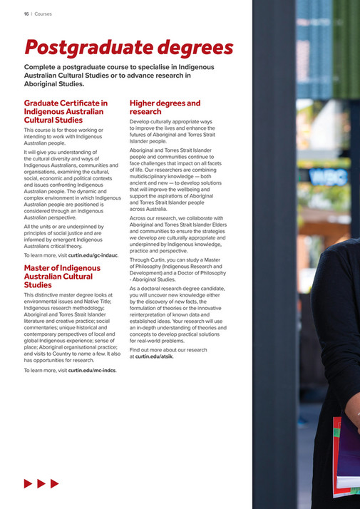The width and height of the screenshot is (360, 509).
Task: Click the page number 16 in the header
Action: (26, 12)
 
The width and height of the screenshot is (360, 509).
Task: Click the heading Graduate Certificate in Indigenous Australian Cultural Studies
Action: (66, 111)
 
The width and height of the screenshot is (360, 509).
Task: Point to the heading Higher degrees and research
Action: (165, 107)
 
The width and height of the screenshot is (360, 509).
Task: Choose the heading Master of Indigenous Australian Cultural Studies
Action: (62, 276)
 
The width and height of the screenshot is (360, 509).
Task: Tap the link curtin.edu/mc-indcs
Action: (92, 370)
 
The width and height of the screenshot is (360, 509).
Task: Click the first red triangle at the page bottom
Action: (28, 483)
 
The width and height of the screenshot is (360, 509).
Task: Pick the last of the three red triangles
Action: (54, 483)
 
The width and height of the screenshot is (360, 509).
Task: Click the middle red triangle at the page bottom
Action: (41, 483)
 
